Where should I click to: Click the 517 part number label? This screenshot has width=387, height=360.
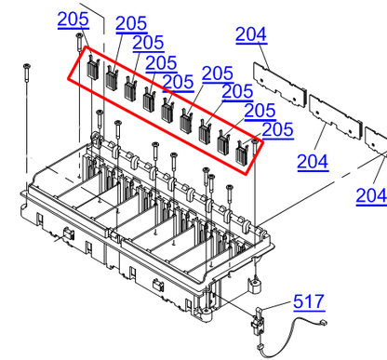point(309,301)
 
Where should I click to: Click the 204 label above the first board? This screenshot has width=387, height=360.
point(250,35)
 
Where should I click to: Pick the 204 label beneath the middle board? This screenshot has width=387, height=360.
point(313,161)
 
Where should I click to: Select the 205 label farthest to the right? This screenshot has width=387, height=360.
point(276,127)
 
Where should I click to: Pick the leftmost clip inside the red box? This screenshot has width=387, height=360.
point(93,67)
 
